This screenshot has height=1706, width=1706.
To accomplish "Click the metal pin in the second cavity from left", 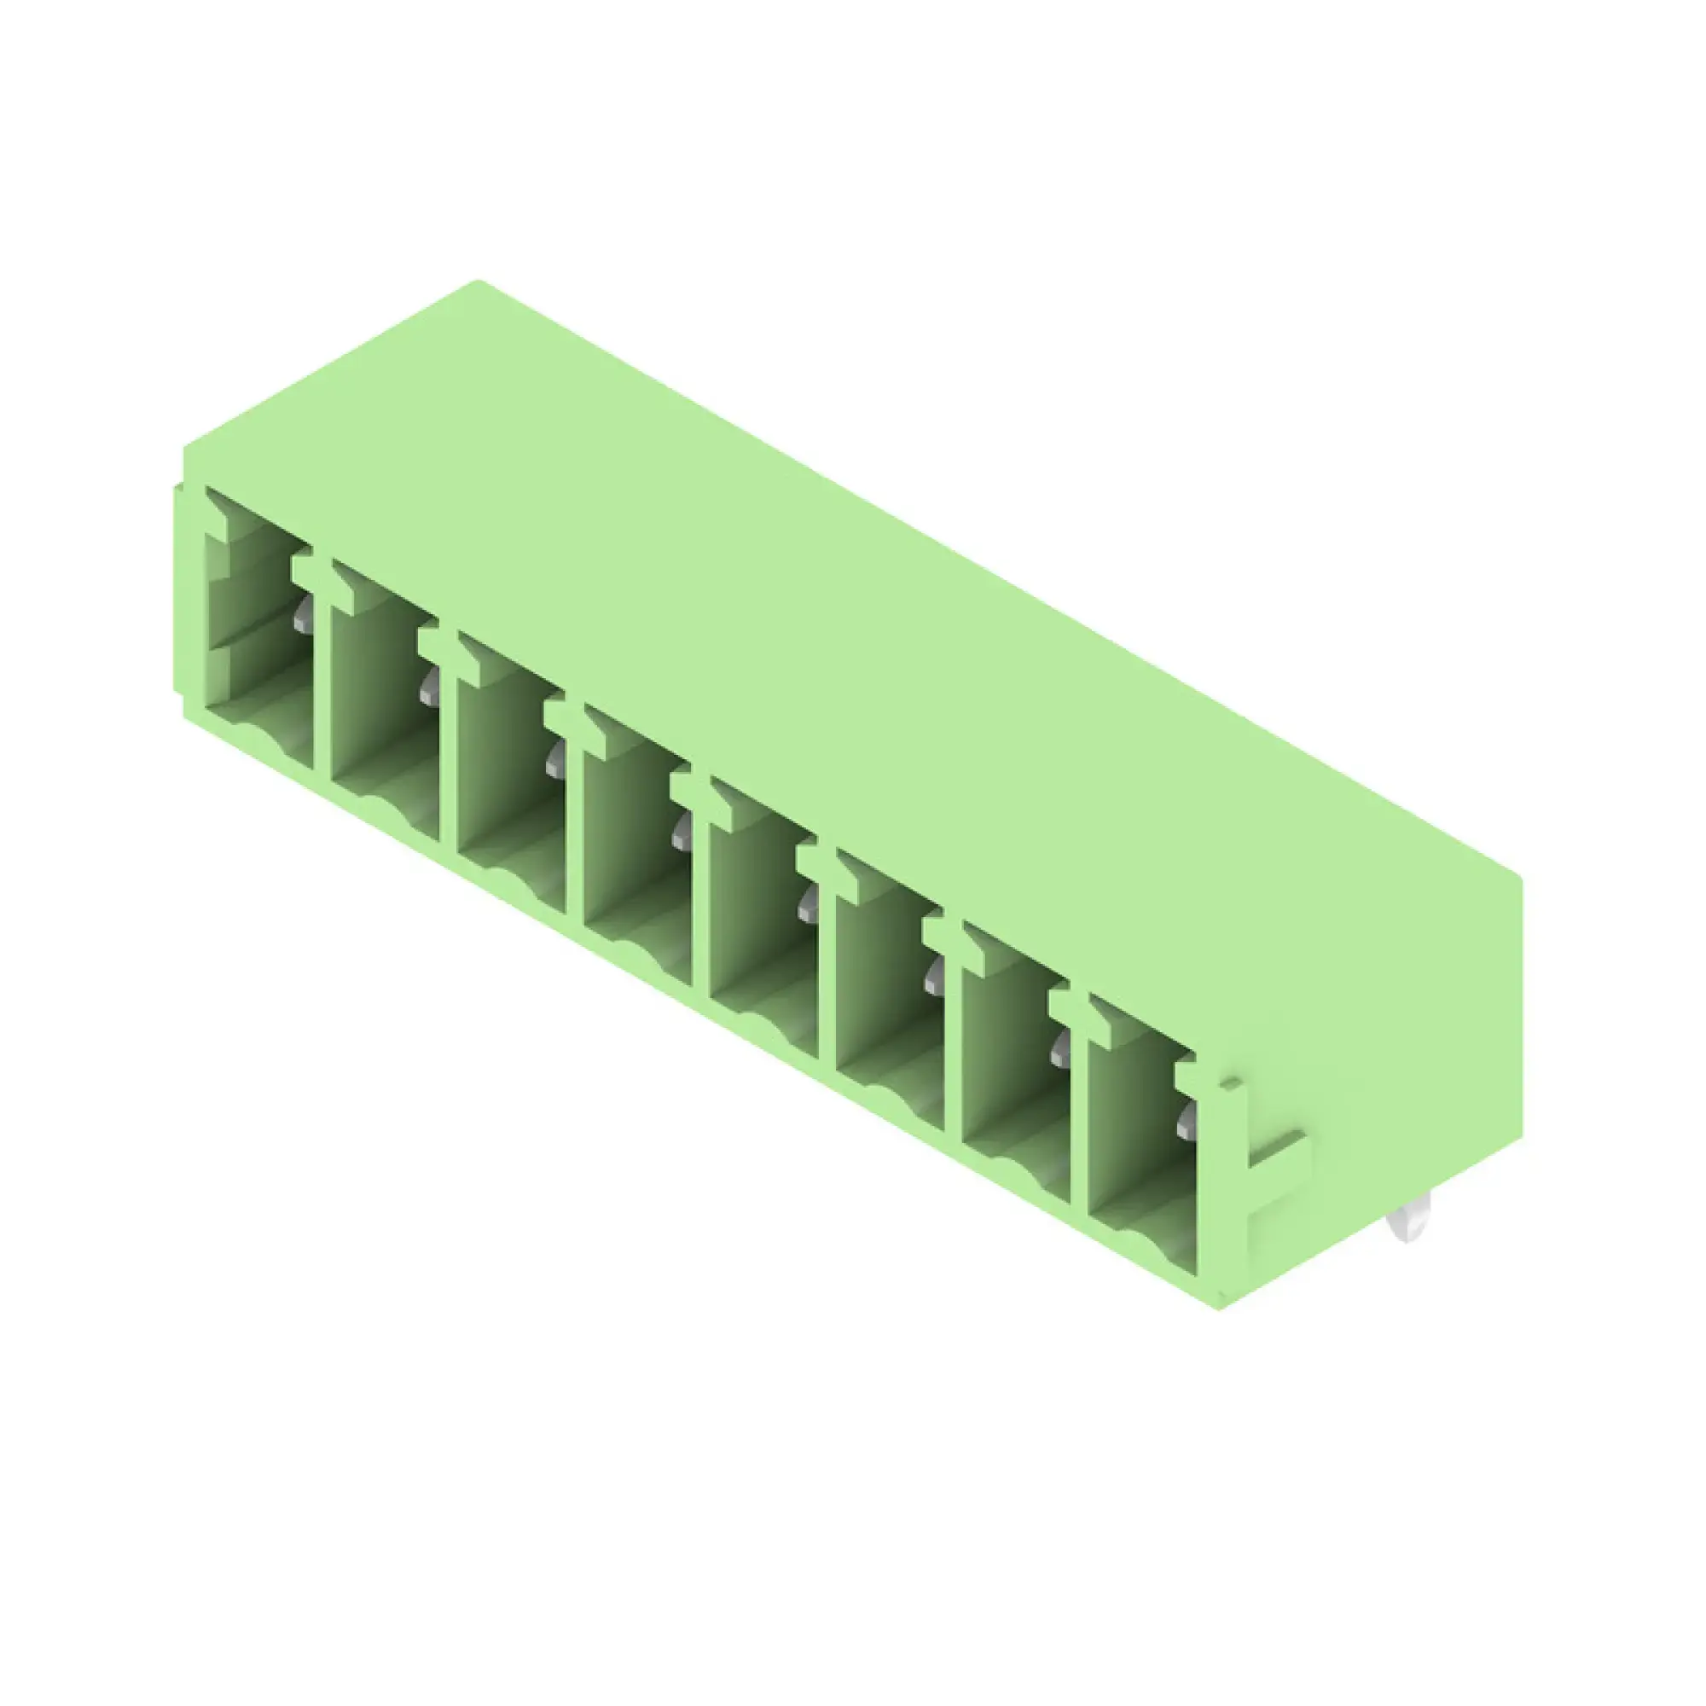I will click(429, 686).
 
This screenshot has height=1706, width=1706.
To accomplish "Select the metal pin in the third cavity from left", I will click(554, 759).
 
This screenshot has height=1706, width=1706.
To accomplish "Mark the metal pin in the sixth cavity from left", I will click(932, 977).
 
